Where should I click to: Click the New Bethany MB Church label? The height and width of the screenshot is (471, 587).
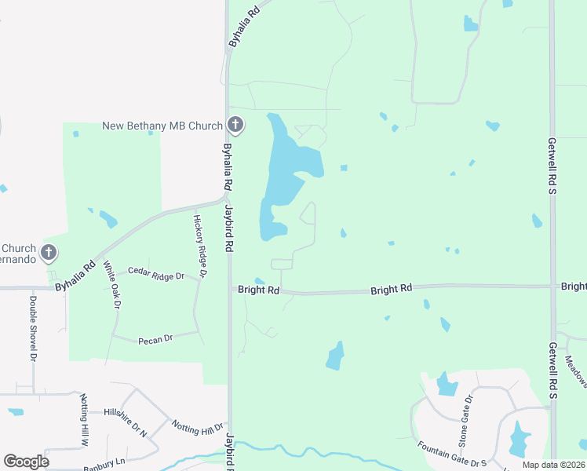coord(163,126)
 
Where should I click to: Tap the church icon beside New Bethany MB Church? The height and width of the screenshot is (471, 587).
coord(235,125)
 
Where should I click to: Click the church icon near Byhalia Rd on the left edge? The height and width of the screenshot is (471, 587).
coord(49,253)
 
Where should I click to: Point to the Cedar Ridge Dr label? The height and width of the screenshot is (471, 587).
coord(155,276)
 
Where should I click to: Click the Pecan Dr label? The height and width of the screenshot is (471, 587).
coord(155,339)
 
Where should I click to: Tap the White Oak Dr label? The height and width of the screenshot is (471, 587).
coord(111,285)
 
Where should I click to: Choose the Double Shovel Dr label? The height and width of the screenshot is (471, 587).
coord(34,327)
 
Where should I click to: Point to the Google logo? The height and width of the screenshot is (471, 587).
coord(26,462)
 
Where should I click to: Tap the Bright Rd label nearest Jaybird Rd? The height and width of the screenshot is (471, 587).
coord(259,290)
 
